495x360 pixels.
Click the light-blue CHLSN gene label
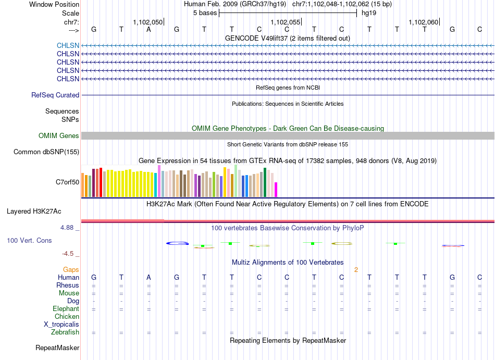pyautogui.click(x=68, y=45)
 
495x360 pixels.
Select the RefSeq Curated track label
pyautogui.click(x=55, y=95)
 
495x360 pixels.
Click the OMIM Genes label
pyautogui.click(x=59, y=135)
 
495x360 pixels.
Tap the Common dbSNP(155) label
pyautogui.click(x=46, y=152)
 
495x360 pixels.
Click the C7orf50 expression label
pyautogui.click(x=68, y=182)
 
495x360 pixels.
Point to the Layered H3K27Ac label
pyautogui.click(x=34, y=212)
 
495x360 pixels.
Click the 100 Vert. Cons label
pyautogui.click(x=29, y=240)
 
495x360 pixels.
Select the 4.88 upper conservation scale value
pyautogui.click(x=67, y=228)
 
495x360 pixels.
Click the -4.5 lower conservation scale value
pyautogui.click(x=68, y=254)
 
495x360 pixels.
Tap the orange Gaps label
pyautogui.click(x=71, y=269)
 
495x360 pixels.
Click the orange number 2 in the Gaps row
pyautogui.click(x=356, y=269)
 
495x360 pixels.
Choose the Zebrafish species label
pyautogui.click(x=65, y=332)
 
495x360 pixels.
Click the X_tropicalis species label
pyautogui.click(x=61, y=325)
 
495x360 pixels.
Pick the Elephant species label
pyautogui.click(x=66, y=308)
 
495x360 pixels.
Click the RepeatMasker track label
pyautogui.click(x=57, y=347)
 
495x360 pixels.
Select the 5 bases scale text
pyautogui.click(x=205, y=13)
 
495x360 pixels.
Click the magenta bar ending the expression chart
pyautogui.click(x=276, y=190)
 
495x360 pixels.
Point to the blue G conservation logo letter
pyautogui.click(x=177, y=243)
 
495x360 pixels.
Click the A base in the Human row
pyautogui.click(x=148, y=277)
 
